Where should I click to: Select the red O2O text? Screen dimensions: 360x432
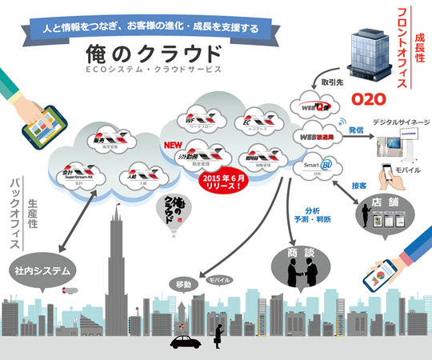(x=369, y=100)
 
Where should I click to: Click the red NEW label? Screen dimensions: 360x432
(x=174, y=145)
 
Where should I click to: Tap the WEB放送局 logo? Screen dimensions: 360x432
(x=314, y=137)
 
